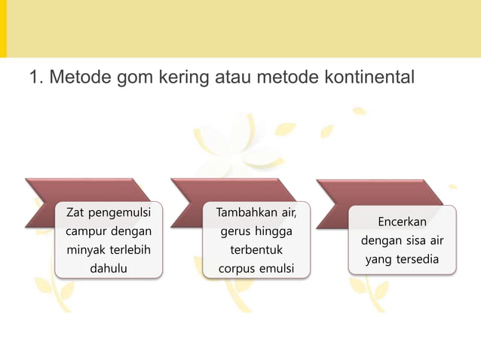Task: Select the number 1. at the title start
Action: tap(35, 78)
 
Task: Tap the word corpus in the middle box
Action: tap(234, 267)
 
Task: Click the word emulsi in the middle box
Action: tap(275, 267)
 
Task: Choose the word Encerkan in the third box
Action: tap(403, 222)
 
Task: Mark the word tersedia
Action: tap(418, 260)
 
